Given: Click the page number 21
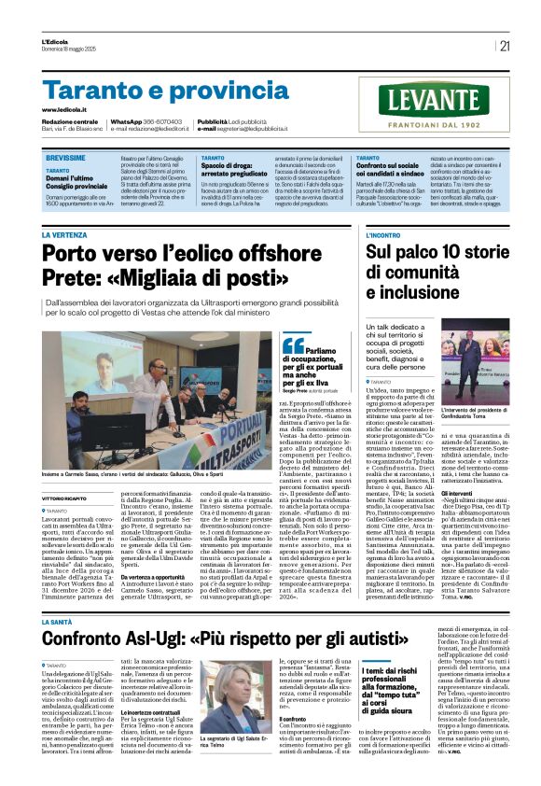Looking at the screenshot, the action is [x=504, y=46].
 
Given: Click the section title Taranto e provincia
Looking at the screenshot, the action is [x=153, y=91].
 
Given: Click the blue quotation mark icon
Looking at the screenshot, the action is [x=293, y=345].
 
